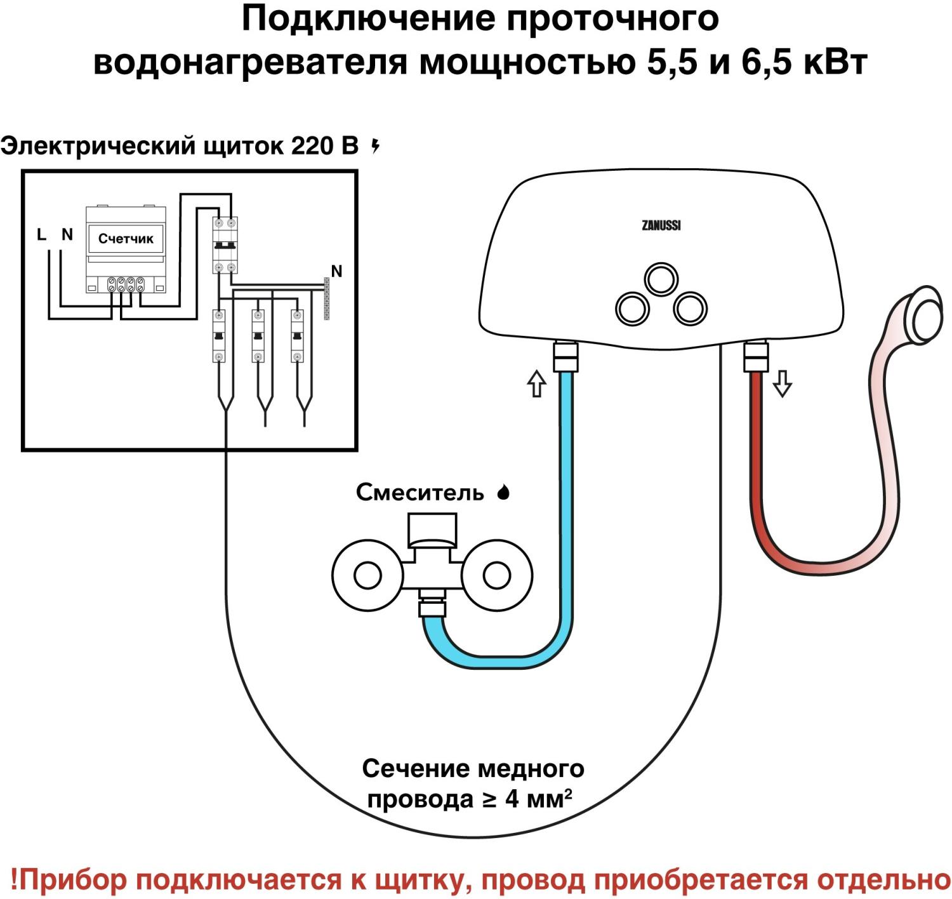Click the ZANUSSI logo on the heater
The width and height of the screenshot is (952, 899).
click(661, 225)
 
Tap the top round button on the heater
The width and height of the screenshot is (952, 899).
click(661, 278)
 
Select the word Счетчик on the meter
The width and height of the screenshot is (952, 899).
click(126, 239)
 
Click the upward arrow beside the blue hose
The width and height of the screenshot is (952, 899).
click(537, 383)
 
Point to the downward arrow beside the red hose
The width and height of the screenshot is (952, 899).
click(783, 383)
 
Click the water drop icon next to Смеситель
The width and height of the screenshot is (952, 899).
click(503, 493)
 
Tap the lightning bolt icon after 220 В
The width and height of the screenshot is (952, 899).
click(376, 147)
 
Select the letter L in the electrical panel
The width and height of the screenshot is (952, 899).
click(42, 235)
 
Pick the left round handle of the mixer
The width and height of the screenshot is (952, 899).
click(366, 576)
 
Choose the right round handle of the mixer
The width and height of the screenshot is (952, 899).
click(496, 576)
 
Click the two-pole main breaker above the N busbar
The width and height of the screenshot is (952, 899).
click(224, 245)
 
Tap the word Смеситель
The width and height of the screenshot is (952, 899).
click(420, 493)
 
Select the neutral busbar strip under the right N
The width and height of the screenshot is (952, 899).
click(327, 298)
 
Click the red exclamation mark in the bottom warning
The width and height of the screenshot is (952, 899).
click(15, 880)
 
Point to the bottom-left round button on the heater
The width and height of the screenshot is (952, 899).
click(633, 309)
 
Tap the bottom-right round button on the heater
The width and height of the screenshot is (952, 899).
click(689, 309)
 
